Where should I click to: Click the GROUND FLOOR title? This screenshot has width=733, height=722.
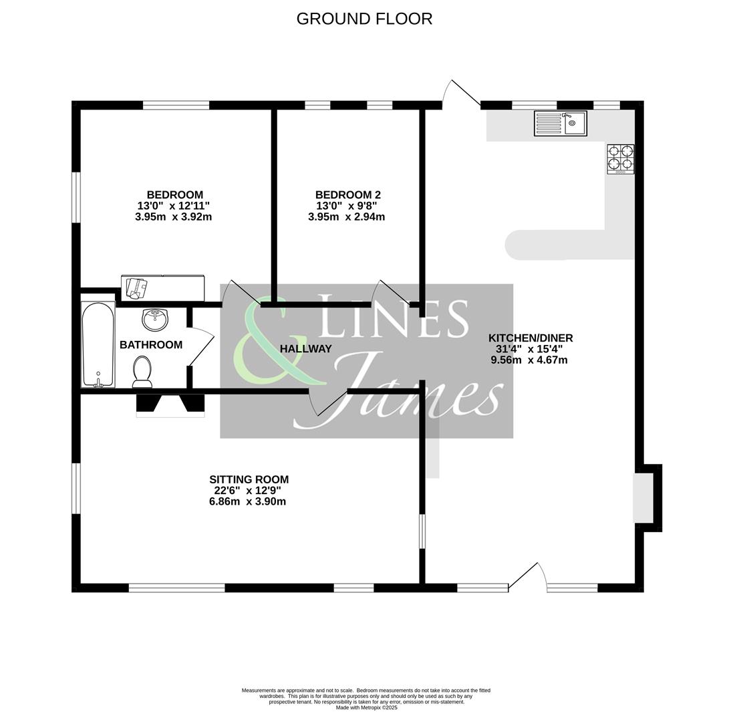364,19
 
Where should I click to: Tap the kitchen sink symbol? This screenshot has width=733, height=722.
560,124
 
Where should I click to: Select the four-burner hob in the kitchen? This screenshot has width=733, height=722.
620,158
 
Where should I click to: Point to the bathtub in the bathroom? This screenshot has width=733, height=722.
98,344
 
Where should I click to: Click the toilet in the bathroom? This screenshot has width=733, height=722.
142,372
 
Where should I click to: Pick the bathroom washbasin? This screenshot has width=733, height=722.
155,319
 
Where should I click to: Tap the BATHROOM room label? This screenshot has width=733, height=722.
151,345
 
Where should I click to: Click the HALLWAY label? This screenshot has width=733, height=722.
305,349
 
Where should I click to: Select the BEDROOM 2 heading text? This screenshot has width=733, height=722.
347,195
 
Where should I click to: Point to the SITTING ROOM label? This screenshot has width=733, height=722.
249,479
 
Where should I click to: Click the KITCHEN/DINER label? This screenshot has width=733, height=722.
531,338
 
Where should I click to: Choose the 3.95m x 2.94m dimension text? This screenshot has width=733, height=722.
346,217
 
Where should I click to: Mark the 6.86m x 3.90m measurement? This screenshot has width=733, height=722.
247,501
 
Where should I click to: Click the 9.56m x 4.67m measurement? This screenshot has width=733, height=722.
529,360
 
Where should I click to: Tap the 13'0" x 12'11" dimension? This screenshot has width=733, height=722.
173,206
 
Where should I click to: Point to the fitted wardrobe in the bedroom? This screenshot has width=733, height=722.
162,288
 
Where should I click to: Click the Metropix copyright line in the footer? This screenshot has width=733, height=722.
366,707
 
